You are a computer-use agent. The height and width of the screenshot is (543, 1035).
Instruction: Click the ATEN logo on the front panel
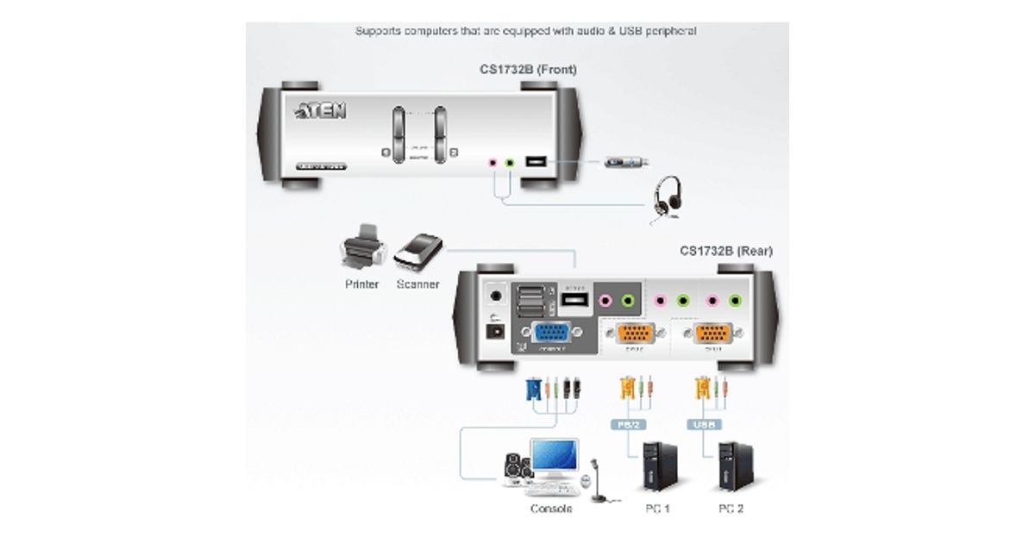click(x=321, y=111)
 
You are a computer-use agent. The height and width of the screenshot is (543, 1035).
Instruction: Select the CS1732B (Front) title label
click(x=528, y=69)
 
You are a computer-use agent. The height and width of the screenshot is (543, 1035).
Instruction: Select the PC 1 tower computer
click(x=651, y=466)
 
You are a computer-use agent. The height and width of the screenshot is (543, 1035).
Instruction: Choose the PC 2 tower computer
click(x=731, y=466)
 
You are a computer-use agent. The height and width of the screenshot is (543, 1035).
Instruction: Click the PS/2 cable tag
click(x=629, y=424)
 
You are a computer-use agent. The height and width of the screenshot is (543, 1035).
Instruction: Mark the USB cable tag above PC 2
click(x=704, y=424)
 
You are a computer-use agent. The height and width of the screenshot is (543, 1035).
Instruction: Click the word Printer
click(x=361, y=284)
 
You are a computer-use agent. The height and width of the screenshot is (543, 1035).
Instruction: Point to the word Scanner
click(x=417, y=284)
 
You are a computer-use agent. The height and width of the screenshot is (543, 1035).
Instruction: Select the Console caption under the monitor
click(x=551, y=509)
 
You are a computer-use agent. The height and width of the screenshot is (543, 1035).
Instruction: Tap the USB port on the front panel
click(x=535, y=161)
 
